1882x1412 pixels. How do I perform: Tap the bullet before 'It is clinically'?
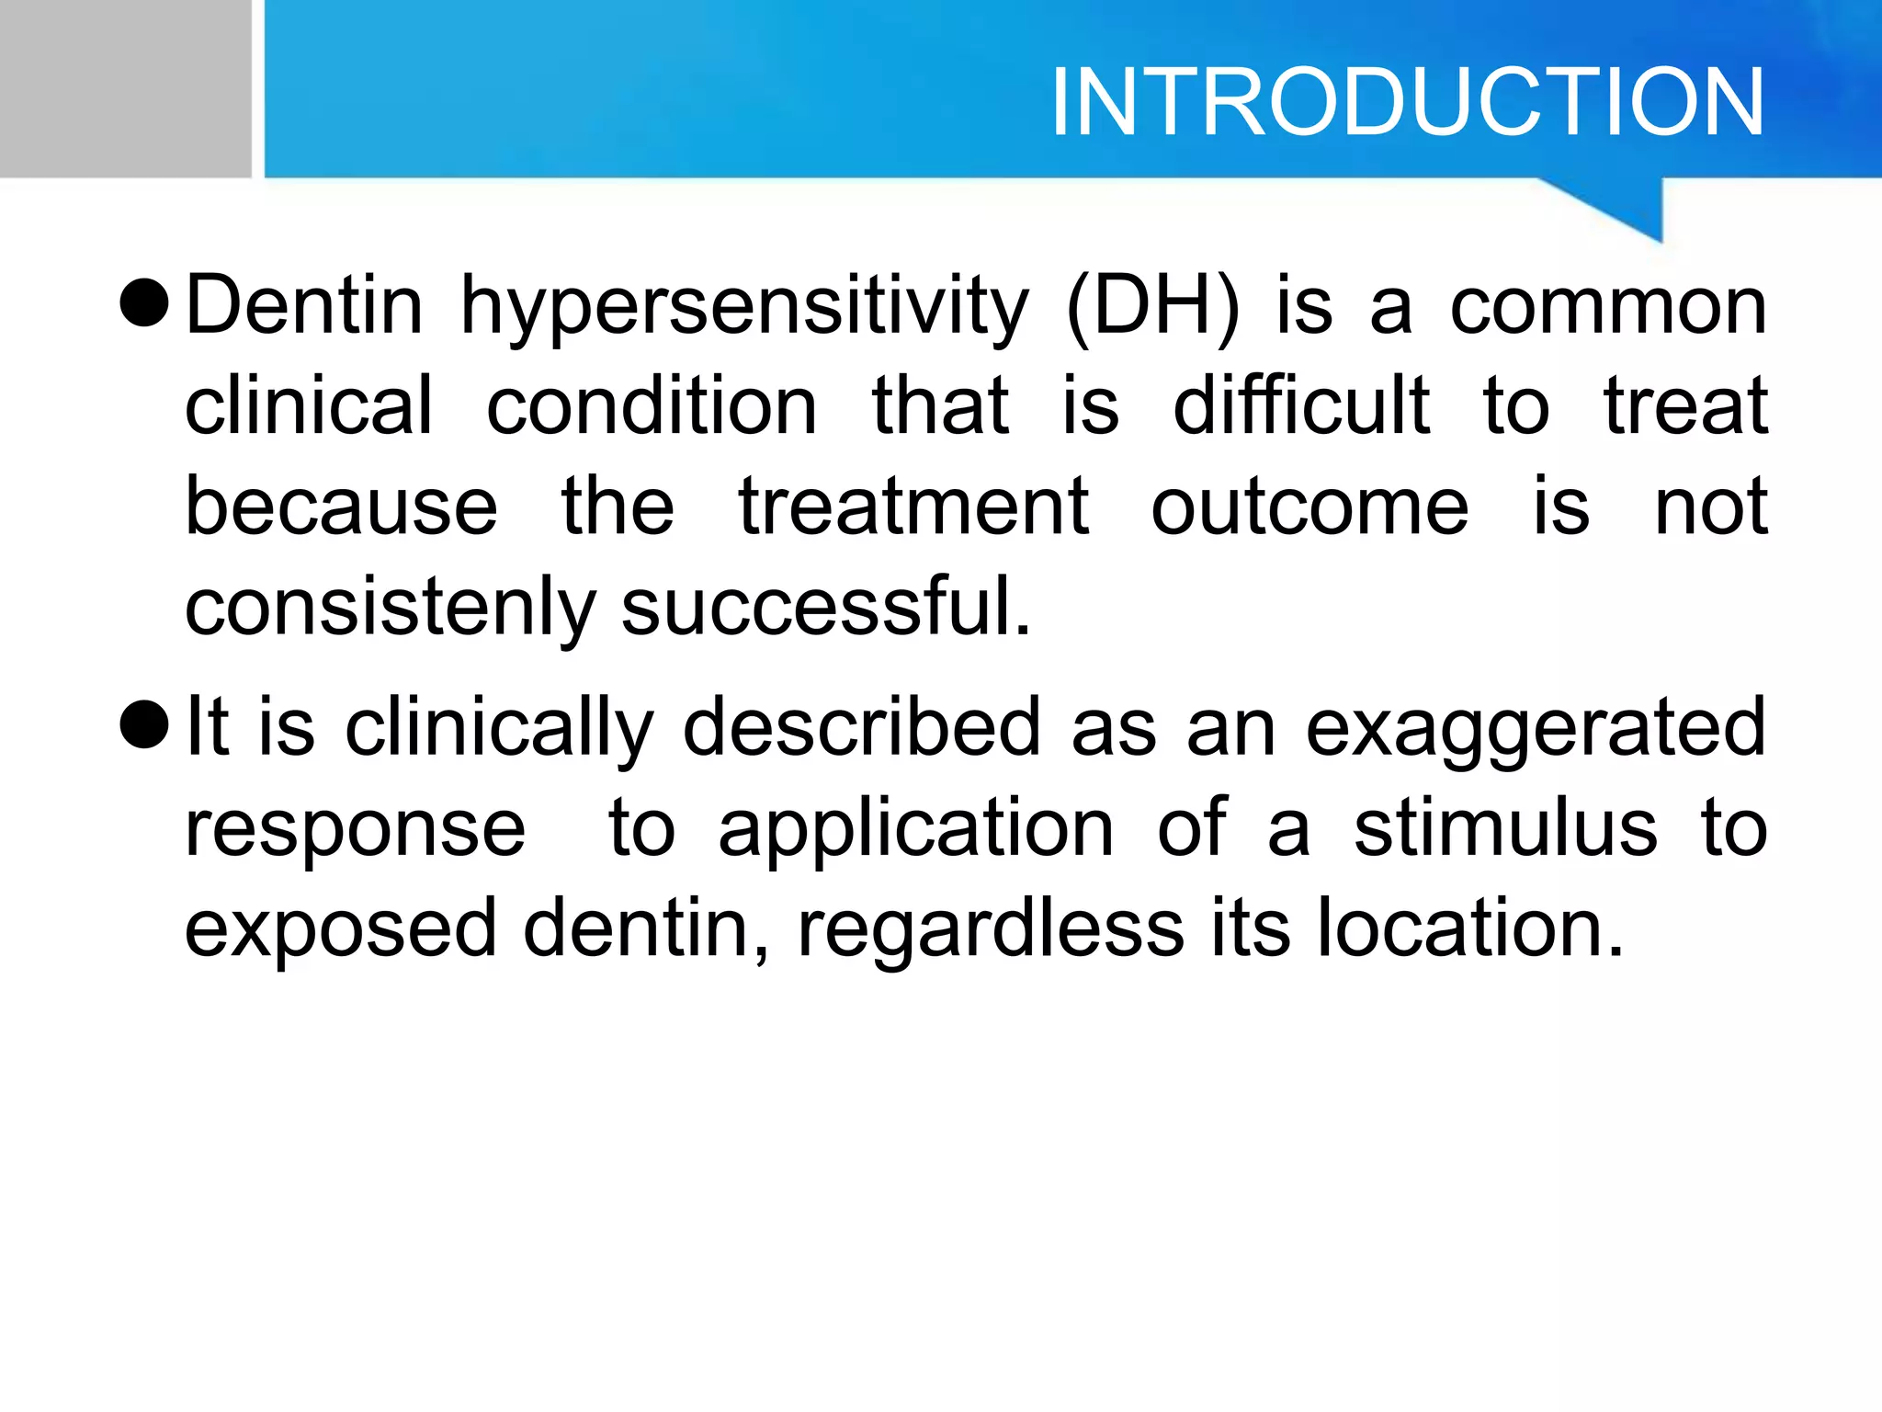[145, 724]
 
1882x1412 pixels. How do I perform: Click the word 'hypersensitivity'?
[744, 308]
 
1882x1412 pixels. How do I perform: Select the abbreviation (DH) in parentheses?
[1153, 308]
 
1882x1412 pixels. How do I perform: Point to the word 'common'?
[1608, 308]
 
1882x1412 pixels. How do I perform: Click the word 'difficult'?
[1301, 406]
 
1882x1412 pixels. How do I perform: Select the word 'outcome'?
[1309, 507]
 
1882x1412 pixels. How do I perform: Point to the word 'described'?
[862, 728]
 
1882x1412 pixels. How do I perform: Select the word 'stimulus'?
[1505, 827]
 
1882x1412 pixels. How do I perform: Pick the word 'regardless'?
[991, 928]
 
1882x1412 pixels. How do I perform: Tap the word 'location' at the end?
[1470, 928]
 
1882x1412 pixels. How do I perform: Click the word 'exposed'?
[341, 930]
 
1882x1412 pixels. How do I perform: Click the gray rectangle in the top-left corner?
[125, 88]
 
